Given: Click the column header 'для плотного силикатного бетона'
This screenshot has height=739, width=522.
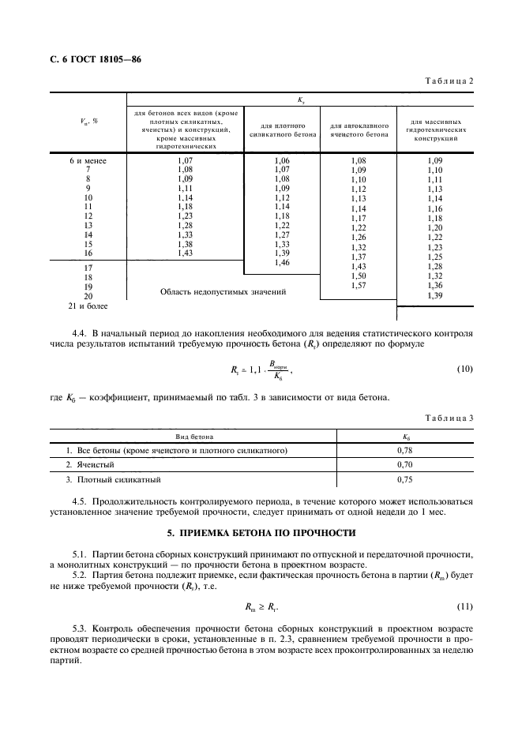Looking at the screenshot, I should [x=283, y=129].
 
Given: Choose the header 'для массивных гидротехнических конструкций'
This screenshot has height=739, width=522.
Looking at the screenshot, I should [x=434, y=129].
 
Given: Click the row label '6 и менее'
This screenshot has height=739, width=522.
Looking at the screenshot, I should [x=88, y=161].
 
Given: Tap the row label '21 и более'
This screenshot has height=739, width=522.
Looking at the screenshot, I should [x=88, y=305].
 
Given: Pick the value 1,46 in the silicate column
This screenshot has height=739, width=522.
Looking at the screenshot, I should [x=282, y=262].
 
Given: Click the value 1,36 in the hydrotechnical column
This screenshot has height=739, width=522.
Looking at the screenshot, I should [x=434, y=285].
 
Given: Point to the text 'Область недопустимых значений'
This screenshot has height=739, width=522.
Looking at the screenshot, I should [x=223, y=291].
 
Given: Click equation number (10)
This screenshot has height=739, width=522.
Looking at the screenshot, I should [x=464, y=369].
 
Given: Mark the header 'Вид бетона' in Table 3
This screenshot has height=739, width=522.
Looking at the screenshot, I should [x=194, y=436].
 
